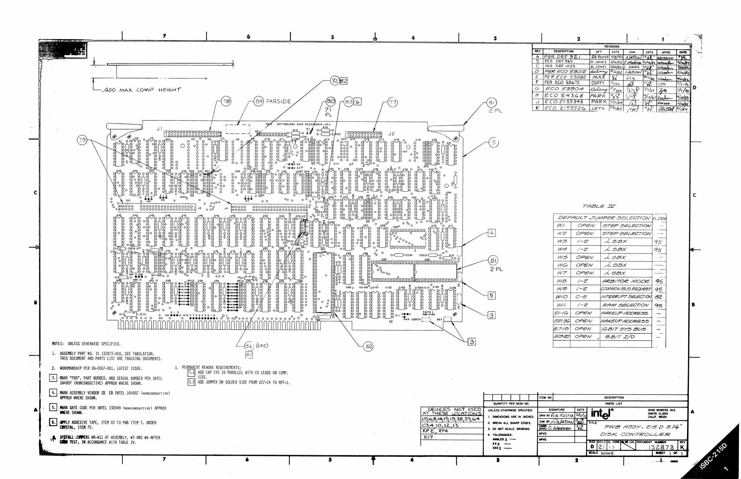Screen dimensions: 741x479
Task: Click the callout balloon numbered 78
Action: coord(226,101)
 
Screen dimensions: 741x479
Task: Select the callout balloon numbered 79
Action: coord(82,140)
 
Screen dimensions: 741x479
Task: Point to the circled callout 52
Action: coord(368,346)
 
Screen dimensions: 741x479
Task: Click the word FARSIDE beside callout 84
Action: coord(278,101)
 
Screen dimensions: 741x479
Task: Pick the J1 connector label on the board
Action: coord(159,129)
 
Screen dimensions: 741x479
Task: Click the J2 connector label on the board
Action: coord(391,134)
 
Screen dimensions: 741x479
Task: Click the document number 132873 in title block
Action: coord(661,447)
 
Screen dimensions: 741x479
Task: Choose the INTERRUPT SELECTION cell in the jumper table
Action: coord(626,297)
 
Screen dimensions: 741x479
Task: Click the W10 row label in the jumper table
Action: coord(561,297)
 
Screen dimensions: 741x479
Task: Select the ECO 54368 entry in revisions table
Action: coord(563,95)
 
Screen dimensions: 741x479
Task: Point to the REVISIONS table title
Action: coord(612,47)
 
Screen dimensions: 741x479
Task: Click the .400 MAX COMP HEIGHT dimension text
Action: coord(141,90)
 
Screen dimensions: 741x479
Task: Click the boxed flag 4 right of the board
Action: coord(491,233)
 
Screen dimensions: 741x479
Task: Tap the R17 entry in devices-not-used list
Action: coord(428,437)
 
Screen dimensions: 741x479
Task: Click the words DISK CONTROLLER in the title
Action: coord(635,434)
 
